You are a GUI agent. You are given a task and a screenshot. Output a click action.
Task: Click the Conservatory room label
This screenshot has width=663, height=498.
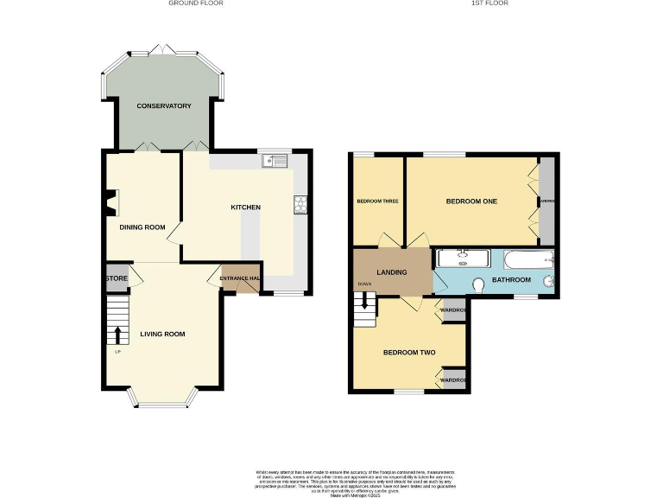coord(163,105)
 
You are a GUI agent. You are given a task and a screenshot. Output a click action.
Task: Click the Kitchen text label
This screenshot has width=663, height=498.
coord(245,207)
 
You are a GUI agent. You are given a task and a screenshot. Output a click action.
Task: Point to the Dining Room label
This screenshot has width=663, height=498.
coord(142,227)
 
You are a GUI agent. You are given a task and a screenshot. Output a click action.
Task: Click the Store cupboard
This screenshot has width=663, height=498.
coord(117,278)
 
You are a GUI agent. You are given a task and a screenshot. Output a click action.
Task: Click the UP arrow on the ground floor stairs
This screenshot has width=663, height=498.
coord(117,335)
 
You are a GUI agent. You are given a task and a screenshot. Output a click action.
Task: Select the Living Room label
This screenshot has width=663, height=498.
coord(162,334)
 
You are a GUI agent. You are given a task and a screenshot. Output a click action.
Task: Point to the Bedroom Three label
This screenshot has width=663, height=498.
coord(377,201)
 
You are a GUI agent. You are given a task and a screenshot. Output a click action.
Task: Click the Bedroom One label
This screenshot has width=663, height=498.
coord(471,201)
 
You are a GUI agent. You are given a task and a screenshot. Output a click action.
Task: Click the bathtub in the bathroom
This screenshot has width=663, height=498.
coord(526,258)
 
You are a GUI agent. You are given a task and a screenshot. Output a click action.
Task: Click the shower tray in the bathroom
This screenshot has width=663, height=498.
coord(464,258)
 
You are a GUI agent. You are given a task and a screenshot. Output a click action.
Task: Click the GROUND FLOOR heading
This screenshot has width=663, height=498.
coord(196,3)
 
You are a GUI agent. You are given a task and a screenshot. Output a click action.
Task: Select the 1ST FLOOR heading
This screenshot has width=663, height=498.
coord(489,3)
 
